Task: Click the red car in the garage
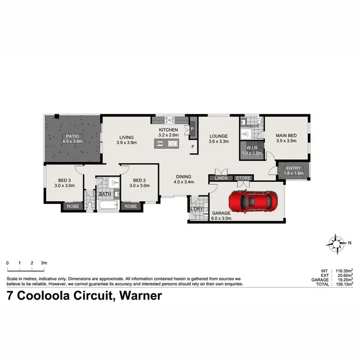(252, 202)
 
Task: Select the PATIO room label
(72, 136)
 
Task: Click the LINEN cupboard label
(221, 179)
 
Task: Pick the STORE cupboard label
(243, 179)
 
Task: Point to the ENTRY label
(293, 168)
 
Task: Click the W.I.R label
(252, 148)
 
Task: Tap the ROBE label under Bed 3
(73, 206)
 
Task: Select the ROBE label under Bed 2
(131, 206)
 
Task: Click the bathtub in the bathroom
(108, 205)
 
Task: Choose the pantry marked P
(192, 129)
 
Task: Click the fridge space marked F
(192, 146)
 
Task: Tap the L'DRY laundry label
(196, 208)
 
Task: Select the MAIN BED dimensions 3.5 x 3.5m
(286, 142)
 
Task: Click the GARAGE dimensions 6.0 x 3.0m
(221, 218)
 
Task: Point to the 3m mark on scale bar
(44, 263)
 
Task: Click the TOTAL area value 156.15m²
(343, 284)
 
